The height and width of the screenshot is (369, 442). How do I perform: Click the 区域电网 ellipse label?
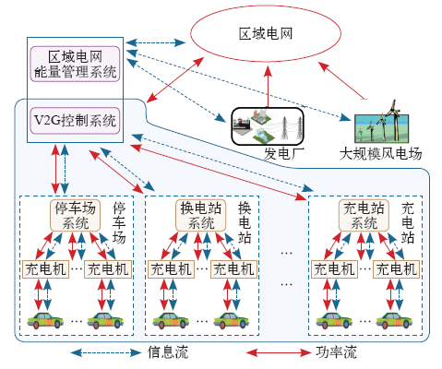[266, 33]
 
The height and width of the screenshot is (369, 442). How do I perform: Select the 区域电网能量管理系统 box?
[75, 64]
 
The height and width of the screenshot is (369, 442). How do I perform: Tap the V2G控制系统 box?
[75, 121]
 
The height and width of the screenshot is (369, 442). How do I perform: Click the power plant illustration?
[268, 126]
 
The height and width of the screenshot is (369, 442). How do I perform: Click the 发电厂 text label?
[284, 153]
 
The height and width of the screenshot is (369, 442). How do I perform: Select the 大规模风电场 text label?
[380, 153]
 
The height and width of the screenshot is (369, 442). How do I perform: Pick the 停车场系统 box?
[75, 215]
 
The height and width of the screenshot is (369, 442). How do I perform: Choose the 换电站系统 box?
[200, 215]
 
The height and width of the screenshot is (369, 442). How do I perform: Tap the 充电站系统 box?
[364, 215]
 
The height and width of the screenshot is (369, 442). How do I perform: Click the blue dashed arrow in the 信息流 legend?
[106, 352]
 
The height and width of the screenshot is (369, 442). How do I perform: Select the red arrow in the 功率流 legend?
[279, 352]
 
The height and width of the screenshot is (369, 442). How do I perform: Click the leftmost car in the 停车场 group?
[45, 321]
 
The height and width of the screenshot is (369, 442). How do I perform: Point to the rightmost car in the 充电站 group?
[394, 321]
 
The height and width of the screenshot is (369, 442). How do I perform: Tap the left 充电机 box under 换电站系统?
[171, 269]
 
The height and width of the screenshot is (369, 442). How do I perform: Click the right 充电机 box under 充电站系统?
[396, 269]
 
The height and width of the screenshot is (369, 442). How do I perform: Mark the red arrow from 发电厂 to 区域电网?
[269, 87]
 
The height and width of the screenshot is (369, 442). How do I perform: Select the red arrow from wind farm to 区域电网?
[342, 80]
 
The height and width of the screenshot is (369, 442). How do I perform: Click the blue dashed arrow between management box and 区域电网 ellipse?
[156, 42]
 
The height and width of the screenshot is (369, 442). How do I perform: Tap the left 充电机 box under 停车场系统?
[45, 269]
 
